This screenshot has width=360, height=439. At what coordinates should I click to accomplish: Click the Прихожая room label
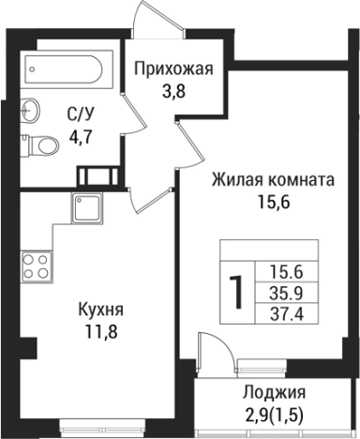click(x=175, y=68)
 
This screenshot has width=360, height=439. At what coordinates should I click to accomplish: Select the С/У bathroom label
click(x=78, y=116)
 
